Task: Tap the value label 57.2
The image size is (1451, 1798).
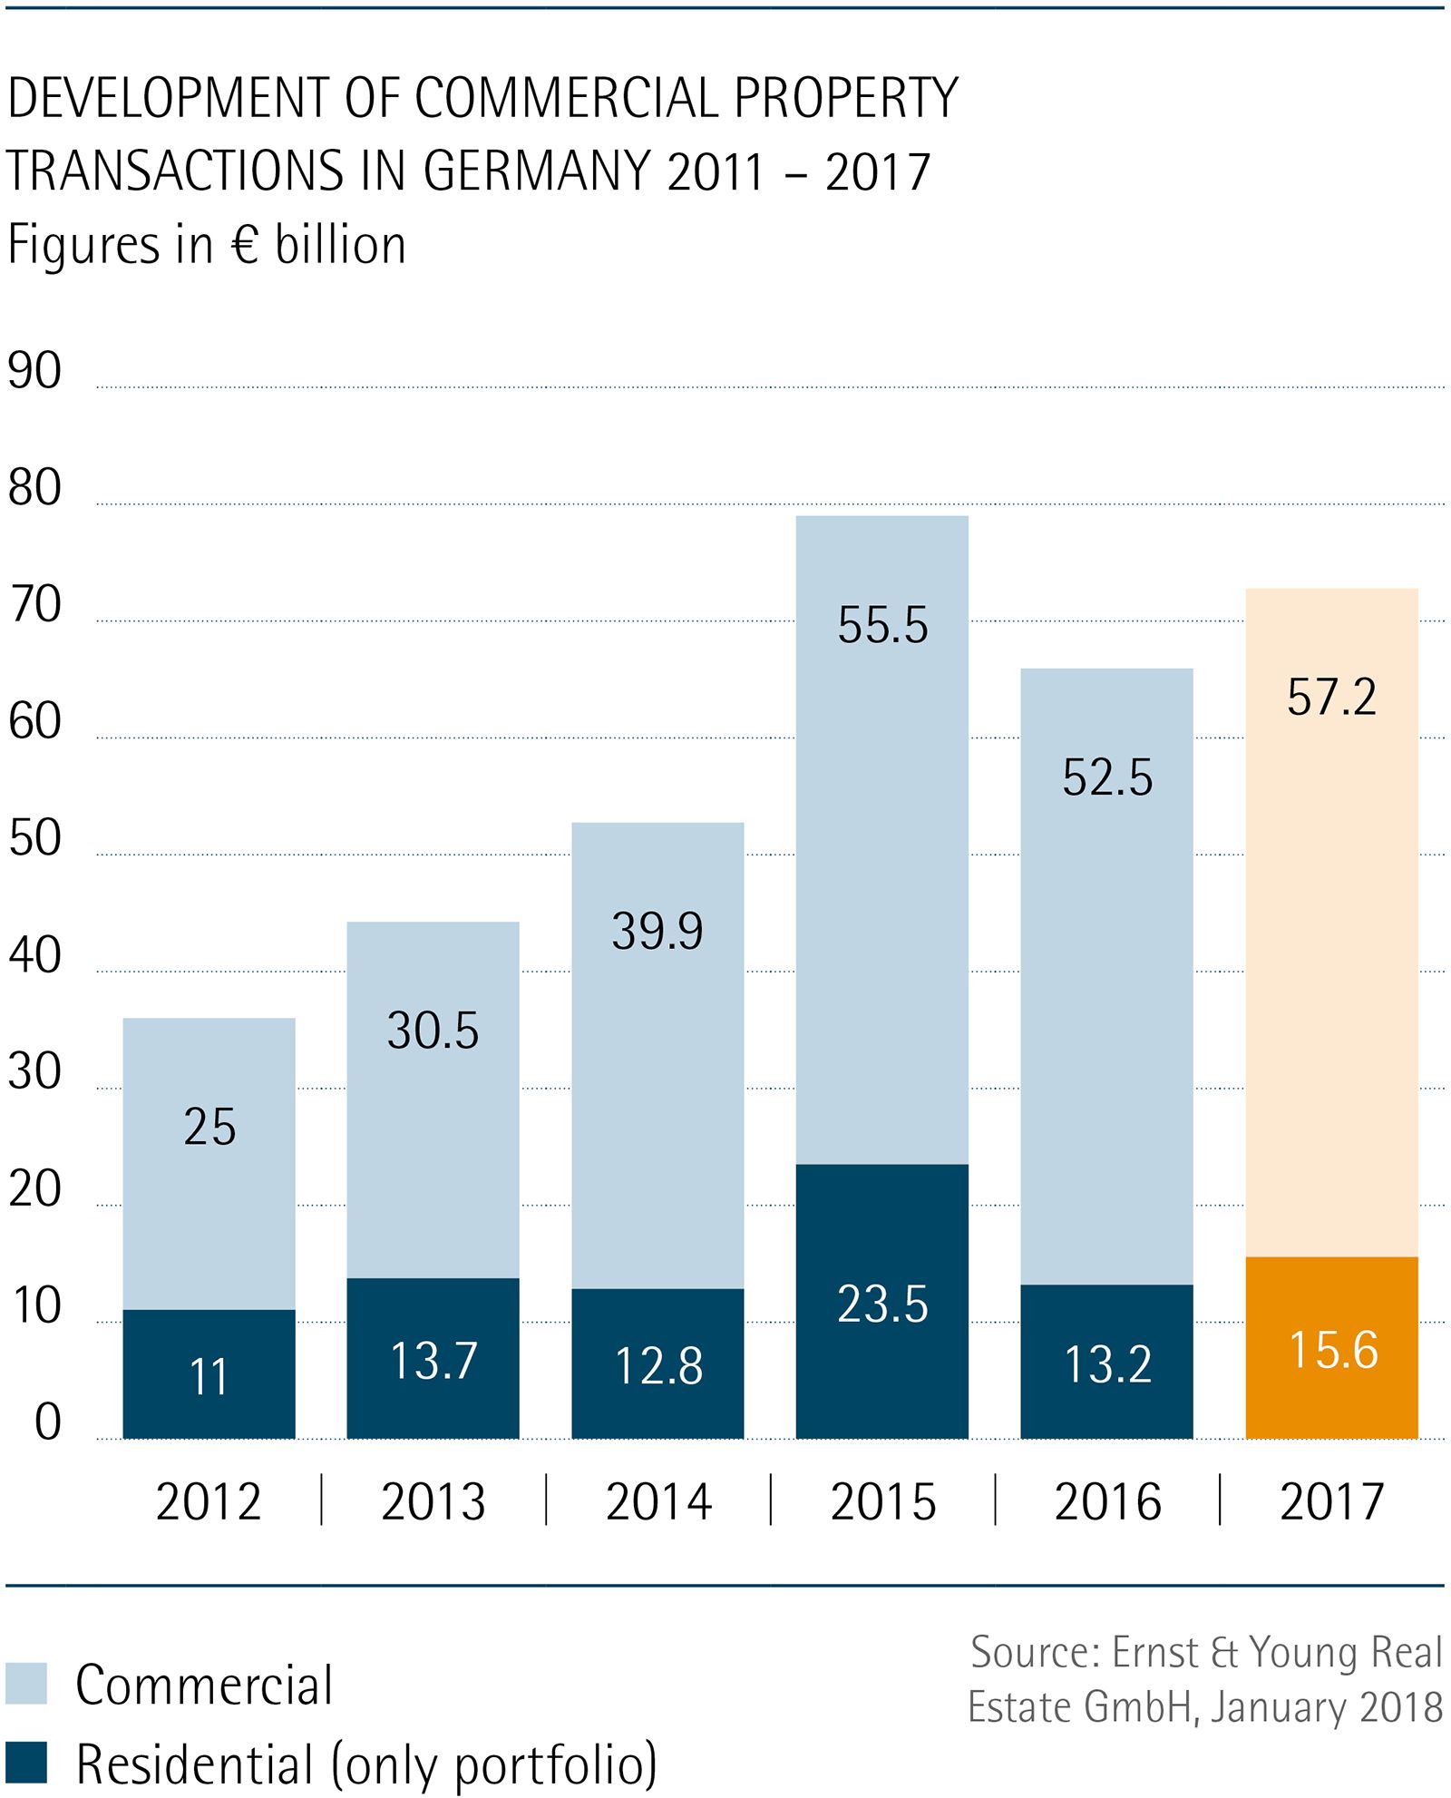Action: click(x=1331, y=698)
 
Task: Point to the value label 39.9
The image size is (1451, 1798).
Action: click(x=657, y=932)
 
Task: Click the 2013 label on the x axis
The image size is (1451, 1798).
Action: click(x=433, y=1501)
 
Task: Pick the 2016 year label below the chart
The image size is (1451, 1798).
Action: click(x=1107, y=1501)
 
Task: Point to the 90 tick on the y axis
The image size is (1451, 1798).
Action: click(x=34, y=371)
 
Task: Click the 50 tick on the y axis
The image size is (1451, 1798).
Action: click(x=34, y=838)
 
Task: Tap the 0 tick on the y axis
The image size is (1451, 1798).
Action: click(x=47, y=1422)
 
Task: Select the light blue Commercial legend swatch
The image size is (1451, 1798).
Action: click(x=25, y=1684)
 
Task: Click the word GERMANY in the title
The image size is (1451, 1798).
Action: click(x=537, y=171)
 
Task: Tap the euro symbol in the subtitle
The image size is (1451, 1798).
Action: click(x=246, y=245)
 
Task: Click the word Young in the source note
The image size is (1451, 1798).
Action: click(x=1302, y=1652)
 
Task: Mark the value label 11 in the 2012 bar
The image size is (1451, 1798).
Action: click(x=209, y=1377)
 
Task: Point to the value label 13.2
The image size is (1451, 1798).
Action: click(x=1107, y=1364)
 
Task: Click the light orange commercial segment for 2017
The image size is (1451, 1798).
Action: click(x=1331, y=953)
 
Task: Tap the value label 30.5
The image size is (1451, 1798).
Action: click(x=433, y=1031)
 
